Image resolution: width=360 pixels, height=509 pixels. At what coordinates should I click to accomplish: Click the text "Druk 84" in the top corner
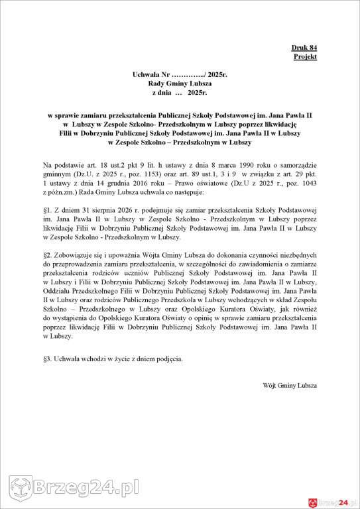click(304, 48)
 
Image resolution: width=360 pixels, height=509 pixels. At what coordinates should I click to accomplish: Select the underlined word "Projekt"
click(305, 57)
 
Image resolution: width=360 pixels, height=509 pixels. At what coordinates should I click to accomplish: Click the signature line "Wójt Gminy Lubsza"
click(290, 385)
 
